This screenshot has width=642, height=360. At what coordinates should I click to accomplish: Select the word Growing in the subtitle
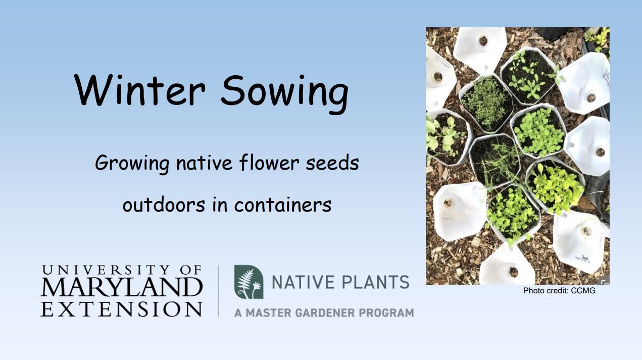[x=132, y=164]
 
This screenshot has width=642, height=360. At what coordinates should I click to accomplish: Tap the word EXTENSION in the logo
[x=121, y=308]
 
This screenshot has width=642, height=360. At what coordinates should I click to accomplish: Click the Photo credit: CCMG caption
[x=559, y=291]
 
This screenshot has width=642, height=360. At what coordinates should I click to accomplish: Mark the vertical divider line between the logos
[x=218, y=291]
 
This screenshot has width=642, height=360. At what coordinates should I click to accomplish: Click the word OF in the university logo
[x=190, y=270]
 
